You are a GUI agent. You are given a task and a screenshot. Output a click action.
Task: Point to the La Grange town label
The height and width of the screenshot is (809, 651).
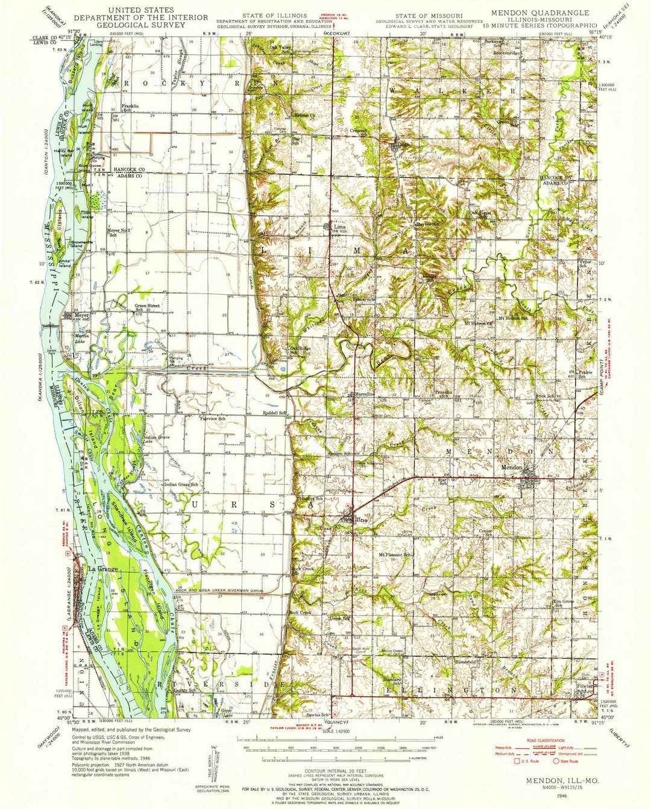[x=99, y=568]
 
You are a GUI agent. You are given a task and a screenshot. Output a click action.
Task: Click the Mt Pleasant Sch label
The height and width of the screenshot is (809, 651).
[x=395, y=554]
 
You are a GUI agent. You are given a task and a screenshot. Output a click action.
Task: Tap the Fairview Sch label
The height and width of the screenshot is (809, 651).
[x=212, y=417]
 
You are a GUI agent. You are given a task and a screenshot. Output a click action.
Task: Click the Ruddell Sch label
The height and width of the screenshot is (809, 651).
[x=274, y=413]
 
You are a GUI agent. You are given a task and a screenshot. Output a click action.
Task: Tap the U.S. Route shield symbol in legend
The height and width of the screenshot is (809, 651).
[x=516, y=761]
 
